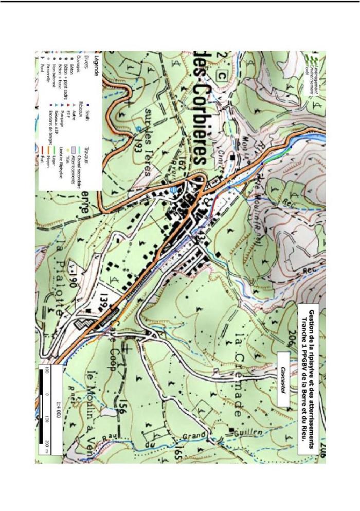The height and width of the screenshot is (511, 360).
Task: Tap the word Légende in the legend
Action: tap(95, 65)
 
